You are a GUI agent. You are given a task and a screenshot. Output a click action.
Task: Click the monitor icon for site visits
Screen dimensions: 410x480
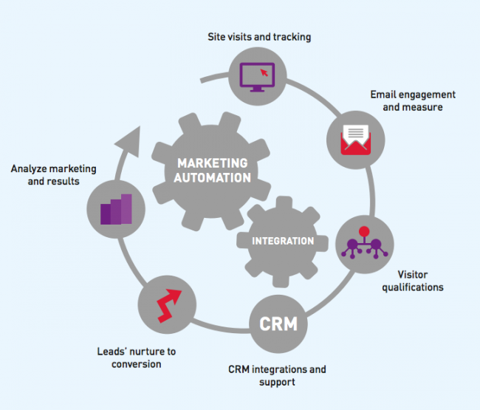tap(257, 76)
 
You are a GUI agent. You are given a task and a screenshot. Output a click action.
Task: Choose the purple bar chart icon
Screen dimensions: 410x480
tap(116, 209)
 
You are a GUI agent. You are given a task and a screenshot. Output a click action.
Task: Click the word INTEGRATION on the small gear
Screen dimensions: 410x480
tap(283, 241)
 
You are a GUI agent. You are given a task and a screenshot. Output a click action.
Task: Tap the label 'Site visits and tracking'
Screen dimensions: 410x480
tap(258, 37)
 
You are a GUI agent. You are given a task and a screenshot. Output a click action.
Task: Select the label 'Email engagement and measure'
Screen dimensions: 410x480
tap(412, 101)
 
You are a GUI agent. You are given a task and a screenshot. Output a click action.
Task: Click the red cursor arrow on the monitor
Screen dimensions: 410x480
tap(263, 73)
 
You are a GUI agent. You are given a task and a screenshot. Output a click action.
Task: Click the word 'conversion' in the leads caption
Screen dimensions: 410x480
tap(137, 364)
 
